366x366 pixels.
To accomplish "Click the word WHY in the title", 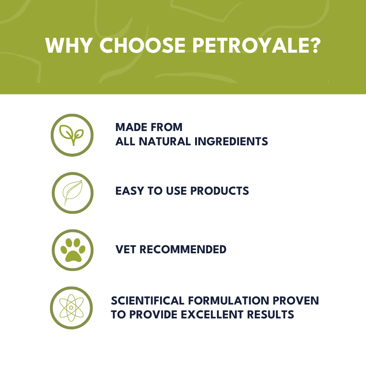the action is pyautogui.click(x=68, y=45).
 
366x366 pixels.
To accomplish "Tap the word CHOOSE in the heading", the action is pyautogui.click(x=142, y=45).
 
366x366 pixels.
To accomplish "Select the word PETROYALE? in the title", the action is pyautogui.click(x=257, y=45).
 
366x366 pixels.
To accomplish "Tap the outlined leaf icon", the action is pyautogui.click(x=72, y=193).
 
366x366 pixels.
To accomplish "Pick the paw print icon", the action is pyautogui.click(x=73, y=250).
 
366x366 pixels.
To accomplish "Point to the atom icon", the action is pyautogui.click(x=71, y=308).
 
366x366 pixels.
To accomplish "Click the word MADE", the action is pyautogui.click(x=131, y=127).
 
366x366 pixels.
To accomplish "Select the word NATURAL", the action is pyautogui.click(x=165, y=141).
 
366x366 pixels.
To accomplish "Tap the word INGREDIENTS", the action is pyautogui.click(x=231, y=141).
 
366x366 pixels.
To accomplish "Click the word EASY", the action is pyautogui.click(x=130, y=191).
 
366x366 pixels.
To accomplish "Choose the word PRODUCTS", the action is pyautogui.click(x=220, y=191).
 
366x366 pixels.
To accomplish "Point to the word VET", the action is pyautogui.click(x=126, y=249).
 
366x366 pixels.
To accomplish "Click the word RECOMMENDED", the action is pyautogui.click(x=183, y=249).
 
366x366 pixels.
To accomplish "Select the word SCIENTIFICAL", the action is pyautogui.click(x=147, y=300).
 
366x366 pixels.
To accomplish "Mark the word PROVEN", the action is pyautogui.click(x=296, y=300).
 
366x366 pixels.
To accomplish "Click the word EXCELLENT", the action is pyautogui.click(x=212, y=314).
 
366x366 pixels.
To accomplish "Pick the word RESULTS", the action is pyautogui.click(x=270, y=314).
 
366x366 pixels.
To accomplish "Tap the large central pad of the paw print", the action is pyautogui.click(x=73, y=257).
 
